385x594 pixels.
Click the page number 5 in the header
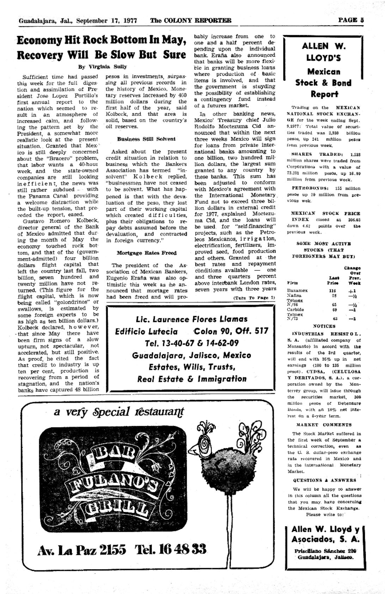tap(362, 20)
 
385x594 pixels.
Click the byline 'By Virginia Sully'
tap(102, 67)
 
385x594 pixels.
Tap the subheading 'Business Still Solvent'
tap(146, 139)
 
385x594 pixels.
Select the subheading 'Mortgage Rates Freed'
tap(146, 253)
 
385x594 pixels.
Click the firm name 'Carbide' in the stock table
tap(295, 309)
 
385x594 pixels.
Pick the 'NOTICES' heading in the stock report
tap(324, 326)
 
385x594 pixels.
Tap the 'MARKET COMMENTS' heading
tap(324, 425)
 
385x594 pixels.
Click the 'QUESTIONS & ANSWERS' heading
tap(324, 480)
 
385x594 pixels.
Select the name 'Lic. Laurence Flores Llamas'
tap(192, 319)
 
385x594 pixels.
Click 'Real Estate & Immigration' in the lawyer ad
tap(192, 379)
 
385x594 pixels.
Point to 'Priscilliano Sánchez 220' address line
tap(324, 551)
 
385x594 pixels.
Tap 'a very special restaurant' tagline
tap(119, 412)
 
